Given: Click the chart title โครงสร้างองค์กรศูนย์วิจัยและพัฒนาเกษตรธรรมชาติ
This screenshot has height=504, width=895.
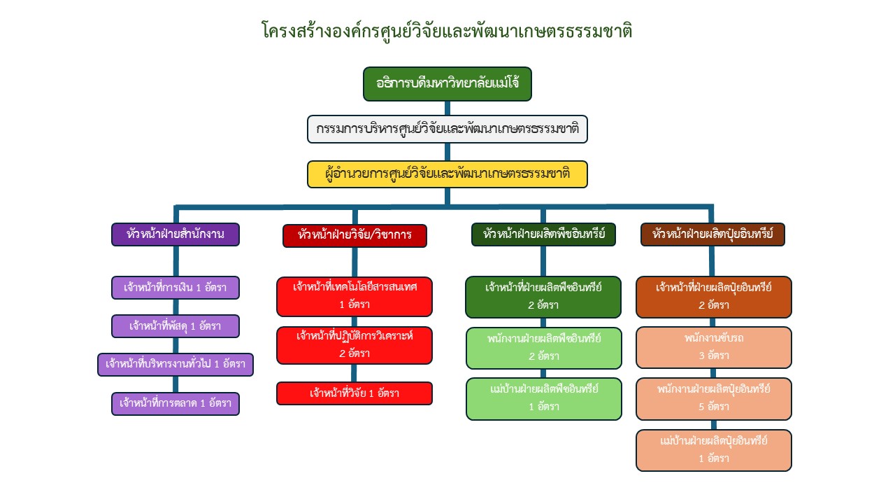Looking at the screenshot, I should tap(447, 31).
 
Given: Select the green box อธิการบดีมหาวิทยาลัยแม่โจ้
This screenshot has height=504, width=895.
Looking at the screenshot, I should tap(447, 84).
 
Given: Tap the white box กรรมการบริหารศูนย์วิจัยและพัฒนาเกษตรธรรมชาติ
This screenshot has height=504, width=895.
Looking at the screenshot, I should tap(447, 129).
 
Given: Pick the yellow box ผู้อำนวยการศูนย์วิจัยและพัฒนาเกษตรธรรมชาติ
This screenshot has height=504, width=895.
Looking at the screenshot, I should tap(447, 174).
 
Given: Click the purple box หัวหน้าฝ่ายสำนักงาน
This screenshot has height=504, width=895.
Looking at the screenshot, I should tap(176, 234).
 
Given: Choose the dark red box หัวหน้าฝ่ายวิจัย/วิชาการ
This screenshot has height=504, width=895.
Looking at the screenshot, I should tap(355, 235).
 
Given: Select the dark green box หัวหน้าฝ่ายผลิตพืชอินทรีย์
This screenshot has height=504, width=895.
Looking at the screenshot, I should tap(543, 234).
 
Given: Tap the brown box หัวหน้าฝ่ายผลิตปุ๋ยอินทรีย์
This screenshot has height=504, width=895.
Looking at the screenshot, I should tap(713, 234).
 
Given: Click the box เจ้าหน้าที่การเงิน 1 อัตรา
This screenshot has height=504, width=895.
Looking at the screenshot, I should tap(176, 288).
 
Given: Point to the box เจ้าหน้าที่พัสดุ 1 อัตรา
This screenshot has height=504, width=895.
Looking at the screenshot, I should tap(176, 326).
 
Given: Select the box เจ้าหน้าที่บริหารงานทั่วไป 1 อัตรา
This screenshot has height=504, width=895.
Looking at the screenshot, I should tap(176, 365).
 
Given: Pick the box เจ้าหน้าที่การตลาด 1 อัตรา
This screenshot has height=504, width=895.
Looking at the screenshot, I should tap(176, 404).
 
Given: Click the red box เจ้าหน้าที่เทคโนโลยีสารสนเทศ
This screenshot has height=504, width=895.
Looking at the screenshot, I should tap(355, 296).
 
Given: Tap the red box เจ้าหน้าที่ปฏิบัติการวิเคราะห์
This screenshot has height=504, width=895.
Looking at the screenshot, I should tap(355, 345).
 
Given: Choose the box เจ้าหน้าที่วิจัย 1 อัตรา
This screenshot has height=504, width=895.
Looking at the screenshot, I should tap(355, 393).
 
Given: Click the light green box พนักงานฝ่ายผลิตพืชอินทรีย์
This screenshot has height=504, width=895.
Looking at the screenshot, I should tap(543, 347).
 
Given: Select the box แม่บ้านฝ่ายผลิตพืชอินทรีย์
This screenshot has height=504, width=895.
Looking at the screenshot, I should tap(543, 398).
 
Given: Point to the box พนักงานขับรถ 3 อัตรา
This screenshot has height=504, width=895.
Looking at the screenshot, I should tap(714, 347).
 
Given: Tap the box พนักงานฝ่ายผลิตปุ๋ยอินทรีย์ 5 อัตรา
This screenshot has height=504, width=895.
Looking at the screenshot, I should tap(714, 398).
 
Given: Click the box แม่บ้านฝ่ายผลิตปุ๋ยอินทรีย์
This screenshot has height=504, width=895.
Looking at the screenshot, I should tap(714, 450).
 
